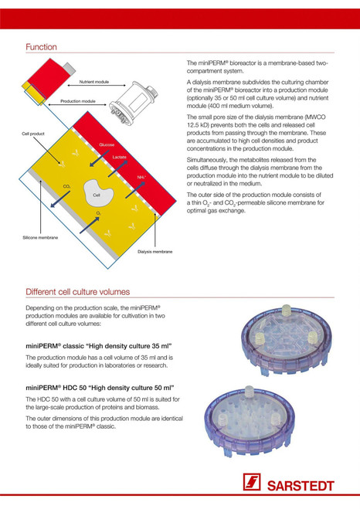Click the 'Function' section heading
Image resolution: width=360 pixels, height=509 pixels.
click(x=41, y=47)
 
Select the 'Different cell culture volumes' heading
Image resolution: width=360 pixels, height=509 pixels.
click(x=77, y=292)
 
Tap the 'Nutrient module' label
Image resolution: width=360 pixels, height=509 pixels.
click(x=94, y=82)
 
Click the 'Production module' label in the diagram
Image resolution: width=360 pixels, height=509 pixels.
click(x=78, y=101)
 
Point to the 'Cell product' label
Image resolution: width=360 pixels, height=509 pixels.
click(x=33, y=134)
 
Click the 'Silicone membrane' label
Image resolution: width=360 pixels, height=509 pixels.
click(x=40, y=238)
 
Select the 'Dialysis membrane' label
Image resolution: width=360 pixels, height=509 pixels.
click(x=155, y=252)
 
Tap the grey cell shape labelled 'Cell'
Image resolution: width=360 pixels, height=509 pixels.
click(x=98, y=193)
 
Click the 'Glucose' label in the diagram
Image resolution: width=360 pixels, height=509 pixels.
click(x=107, y=144)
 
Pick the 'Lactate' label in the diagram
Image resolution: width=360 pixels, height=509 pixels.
click(x=120, y=157)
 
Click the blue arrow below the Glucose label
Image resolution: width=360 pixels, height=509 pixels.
click(x=100, y=158)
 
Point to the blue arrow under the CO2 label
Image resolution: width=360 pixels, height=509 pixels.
click(x=60, y=199)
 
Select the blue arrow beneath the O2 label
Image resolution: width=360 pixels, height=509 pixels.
click(x=90, y=225)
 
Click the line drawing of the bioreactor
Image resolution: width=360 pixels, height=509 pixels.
click(x=134, y=103)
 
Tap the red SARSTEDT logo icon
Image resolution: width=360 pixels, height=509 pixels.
click(x=252, y=482)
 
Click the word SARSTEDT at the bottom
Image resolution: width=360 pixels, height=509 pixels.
click(x=301, y=486)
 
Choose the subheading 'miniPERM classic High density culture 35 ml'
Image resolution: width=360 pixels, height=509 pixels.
click(x=99, y=346)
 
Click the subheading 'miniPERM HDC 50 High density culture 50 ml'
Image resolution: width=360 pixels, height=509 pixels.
click(x=100, y=388)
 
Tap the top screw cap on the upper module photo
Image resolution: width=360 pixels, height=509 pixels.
click(x=287, y=310)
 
